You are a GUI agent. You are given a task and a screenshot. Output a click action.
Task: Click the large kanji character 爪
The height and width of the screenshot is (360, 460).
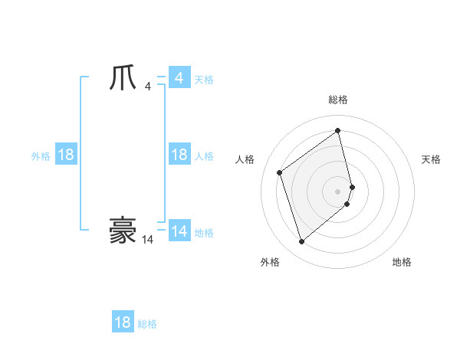click(x=123, y=79)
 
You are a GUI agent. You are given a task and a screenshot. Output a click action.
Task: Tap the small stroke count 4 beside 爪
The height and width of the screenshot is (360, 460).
click(x=147, y=87)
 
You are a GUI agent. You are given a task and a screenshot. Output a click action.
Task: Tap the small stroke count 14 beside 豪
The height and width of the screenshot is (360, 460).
click(x=147, y=240)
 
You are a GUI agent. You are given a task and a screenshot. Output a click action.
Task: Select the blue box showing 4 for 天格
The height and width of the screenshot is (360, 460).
click(x=179, y=78)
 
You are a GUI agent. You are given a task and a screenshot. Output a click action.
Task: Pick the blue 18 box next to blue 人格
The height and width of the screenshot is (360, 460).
click(x=179, y=155)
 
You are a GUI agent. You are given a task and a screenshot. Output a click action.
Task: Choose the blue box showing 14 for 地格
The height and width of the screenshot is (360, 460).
click(x=179, y=231)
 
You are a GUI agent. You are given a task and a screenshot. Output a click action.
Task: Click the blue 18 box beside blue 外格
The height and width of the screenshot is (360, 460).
click(x=66, y=155)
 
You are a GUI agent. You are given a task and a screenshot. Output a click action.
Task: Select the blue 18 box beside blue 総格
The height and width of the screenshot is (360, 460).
click(x=123, y=322)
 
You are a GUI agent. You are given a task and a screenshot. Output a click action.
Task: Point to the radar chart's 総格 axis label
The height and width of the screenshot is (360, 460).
click(x=338, y=100)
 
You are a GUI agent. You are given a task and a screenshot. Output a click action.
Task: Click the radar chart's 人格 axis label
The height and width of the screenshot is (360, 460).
click(x=245, y=159)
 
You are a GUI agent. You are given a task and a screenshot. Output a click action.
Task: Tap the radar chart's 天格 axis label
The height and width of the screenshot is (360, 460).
click(x=431, y=159)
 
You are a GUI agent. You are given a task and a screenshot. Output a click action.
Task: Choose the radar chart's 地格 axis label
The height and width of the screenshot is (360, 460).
click(x=402, y=262)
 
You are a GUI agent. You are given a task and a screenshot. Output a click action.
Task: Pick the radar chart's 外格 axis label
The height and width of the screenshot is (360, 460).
click(x=270, y=262)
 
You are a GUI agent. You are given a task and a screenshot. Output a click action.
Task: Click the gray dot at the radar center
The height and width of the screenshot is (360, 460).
click(x=338, y=190)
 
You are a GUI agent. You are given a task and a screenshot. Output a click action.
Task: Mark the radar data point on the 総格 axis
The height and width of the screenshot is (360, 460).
click(x=338, y=131)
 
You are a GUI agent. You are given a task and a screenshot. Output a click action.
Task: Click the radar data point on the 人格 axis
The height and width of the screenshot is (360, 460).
click(x=280, y=172)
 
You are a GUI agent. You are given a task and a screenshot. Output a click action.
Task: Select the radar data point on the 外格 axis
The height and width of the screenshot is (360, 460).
click(x=301, y=242)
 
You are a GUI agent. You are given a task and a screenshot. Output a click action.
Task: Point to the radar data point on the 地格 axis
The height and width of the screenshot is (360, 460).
click(x=347, y=204)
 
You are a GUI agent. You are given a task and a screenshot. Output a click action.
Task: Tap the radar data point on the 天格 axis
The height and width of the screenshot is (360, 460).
click(x=352, y=186)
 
